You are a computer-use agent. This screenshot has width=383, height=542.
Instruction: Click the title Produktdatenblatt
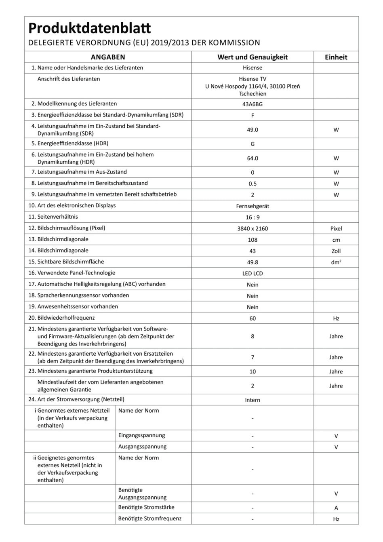point(90,28)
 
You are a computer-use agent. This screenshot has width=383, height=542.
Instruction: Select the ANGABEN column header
point(108,57)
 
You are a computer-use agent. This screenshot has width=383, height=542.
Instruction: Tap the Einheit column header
point(336,57)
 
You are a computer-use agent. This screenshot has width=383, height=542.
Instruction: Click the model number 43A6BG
point(253,104)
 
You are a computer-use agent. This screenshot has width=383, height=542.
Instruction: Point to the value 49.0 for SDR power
point(253,130)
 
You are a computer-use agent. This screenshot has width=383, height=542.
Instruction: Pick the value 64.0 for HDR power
point(253,158)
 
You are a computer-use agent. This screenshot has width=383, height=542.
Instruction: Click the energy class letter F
point(253,115)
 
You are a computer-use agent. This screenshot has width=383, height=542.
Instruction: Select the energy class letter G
point(253,144)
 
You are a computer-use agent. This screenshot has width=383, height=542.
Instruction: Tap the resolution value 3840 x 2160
point(253,228)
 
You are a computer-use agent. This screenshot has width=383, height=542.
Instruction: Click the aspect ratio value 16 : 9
point(253,217)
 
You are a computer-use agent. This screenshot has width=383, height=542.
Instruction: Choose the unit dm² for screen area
point(336,262)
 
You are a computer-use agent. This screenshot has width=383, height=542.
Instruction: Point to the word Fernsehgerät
point(253,206)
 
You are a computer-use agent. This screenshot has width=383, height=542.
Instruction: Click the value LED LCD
point(253,273)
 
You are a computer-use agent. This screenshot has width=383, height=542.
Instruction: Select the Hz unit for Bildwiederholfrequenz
point(336,318)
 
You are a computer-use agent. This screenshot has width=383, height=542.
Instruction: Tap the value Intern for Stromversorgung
point(253,400)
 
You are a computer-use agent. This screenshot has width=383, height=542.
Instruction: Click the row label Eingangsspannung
point(141,435)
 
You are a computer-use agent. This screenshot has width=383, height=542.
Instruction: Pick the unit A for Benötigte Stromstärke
point(336,508)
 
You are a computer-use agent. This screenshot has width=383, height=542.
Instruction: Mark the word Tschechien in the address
point(253,93)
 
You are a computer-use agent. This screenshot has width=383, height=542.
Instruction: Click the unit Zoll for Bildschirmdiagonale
point(336,251)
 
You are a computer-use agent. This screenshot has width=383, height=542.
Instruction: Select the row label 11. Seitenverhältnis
point(53,217)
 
